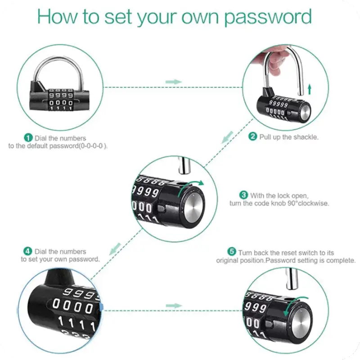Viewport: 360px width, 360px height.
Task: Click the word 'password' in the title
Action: click(268, 17)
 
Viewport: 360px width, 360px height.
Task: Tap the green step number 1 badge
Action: click(28, 138)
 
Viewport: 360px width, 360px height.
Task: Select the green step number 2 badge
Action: click(253, 136)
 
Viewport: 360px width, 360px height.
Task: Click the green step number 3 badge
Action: click(243, 195)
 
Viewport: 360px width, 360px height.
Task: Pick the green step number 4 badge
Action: click(28, 251)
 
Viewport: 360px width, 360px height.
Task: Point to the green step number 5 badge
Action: click(232, 252)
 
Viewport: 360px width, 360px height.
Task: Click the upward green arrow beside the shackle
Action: click(310, 89)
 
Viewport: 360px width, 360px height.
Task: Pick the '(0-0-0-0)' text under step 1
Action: click(93, 146)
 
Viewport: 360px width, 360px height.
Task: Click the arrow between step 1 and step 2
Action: click(174, 82)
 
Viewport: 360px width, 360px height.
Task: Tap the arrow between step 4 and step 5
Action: click(174, 306)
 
